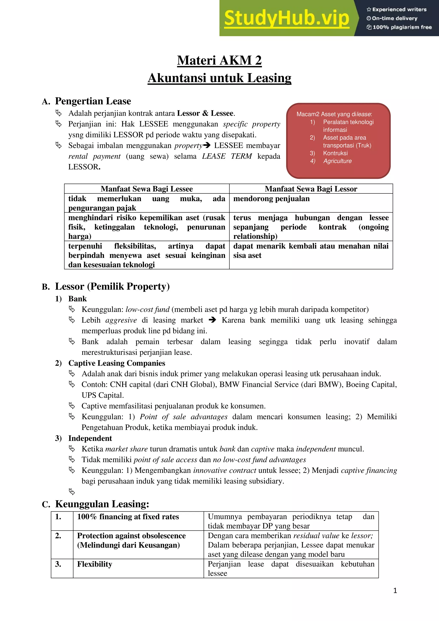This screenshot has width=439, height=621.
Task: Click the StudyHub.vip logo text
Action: (287, 18)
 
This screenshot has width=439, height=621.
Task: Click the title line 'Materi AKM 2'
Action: (219, 60)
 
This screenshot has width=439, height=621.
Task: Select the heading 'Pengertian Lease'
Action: (93, 101)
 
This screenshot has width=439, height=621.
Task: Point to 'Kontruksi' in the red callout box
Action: (335, 153)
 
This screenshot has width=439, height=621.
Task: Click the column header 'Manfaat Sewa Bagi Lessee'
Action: (147, 189)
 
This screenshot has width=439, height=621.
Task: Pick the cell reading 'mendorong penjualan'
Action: (271, 199)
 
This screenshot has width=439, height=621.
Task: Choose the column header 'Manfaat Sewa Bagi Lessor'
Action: (311, 189)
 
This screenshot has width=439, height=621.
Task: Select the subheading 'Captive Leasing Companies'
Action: (117, 363)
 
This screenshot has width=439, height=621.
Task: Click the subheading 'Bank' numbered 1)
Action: (77, 299)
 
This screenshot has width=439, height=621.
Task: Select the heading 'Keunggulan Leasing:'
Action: (102, 504)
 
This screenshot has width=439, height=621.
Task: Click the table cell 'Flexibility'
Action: (94, 564)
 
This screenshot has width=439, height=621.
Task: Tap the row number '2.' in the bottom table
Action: (58, 536)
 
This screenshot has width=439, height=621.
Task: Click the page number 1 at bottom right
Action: (395, 591)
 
